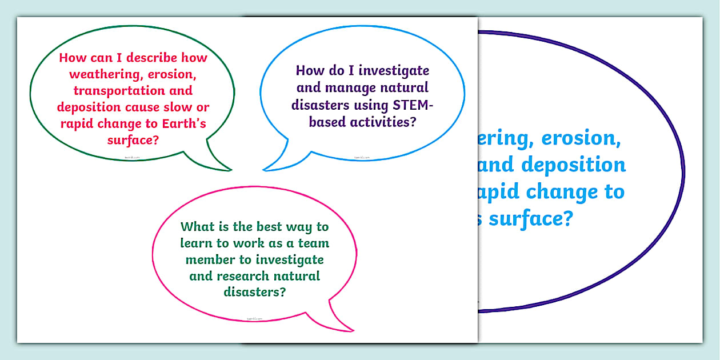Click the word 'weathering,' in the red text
click(x=91, y=74)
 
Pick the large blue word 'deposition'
click(x=573, y=165)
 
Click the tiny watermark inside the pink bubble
click(x=254, y=319)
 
